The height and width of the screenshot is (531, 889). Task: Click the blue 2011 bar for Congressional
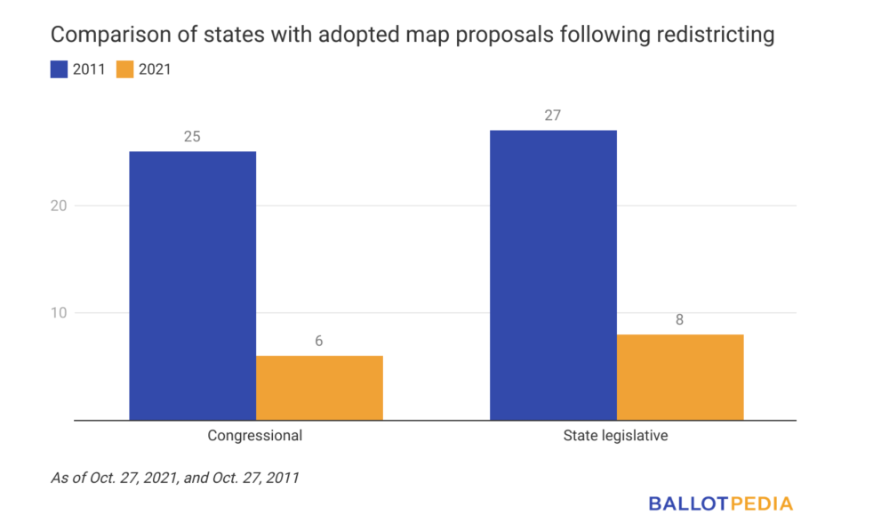coord(192,285)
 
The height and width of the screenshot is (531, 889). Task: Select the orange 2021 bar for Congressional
coord(319,387)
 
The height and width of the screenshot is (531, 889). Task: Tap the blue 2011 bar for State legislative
coord(553,274)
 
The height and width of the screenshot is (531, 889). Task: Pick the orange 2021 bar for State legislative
coord(679,376)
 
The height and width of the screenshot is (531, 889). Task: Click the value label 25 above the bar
coord(192,138)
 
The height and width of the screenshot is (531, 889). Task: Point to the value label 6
coord(319,342)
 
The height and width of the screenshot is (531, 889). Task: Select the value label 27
coord(553,117)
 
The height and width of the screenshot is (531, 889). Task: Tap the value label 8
coord(679,320)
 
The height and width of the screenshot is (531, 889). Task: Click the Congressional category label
coord(255,436)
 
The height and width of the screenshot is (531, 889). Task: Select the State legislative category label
coord(616,436)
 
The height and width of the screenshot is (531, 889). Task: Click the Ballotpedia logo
coord(720,503)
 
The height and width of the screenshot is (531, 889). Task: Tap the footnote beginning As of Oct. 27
coord(174,478)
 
